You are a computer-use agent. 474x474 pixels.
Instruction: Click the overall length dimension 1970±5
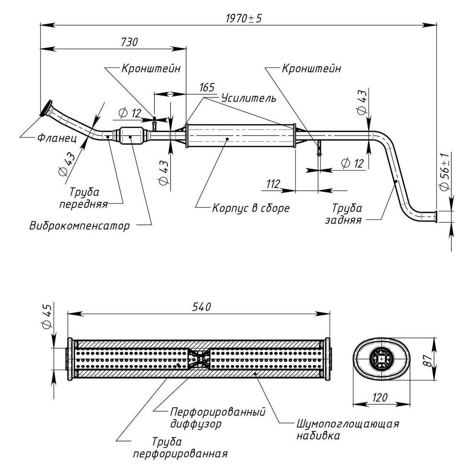tap(244, 18)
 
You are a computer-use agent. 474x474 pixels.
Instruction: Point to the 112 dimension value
tap(273, 184)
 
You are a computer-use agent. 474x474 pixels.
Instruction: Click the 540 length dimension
tap(201, 307)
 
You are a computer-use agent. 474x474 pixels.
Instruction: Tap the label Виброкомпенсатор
tap(79, 226)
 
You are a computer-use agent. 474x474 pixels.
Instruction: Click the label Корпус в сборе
tap(251, 208)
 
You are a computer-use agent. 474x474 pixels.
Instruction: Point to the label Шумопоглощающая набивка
tap(347, 430)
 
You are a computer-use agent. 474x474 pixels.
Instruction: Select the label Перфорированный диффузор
tap(218, 418)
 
